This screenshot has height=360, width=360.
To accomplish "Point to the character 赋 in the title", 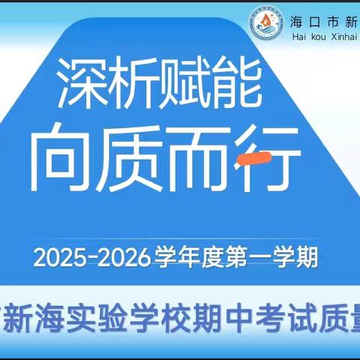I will tap(185, 83).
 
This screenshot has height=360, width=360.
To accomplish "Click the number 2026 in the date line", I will tap(121, 258).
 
